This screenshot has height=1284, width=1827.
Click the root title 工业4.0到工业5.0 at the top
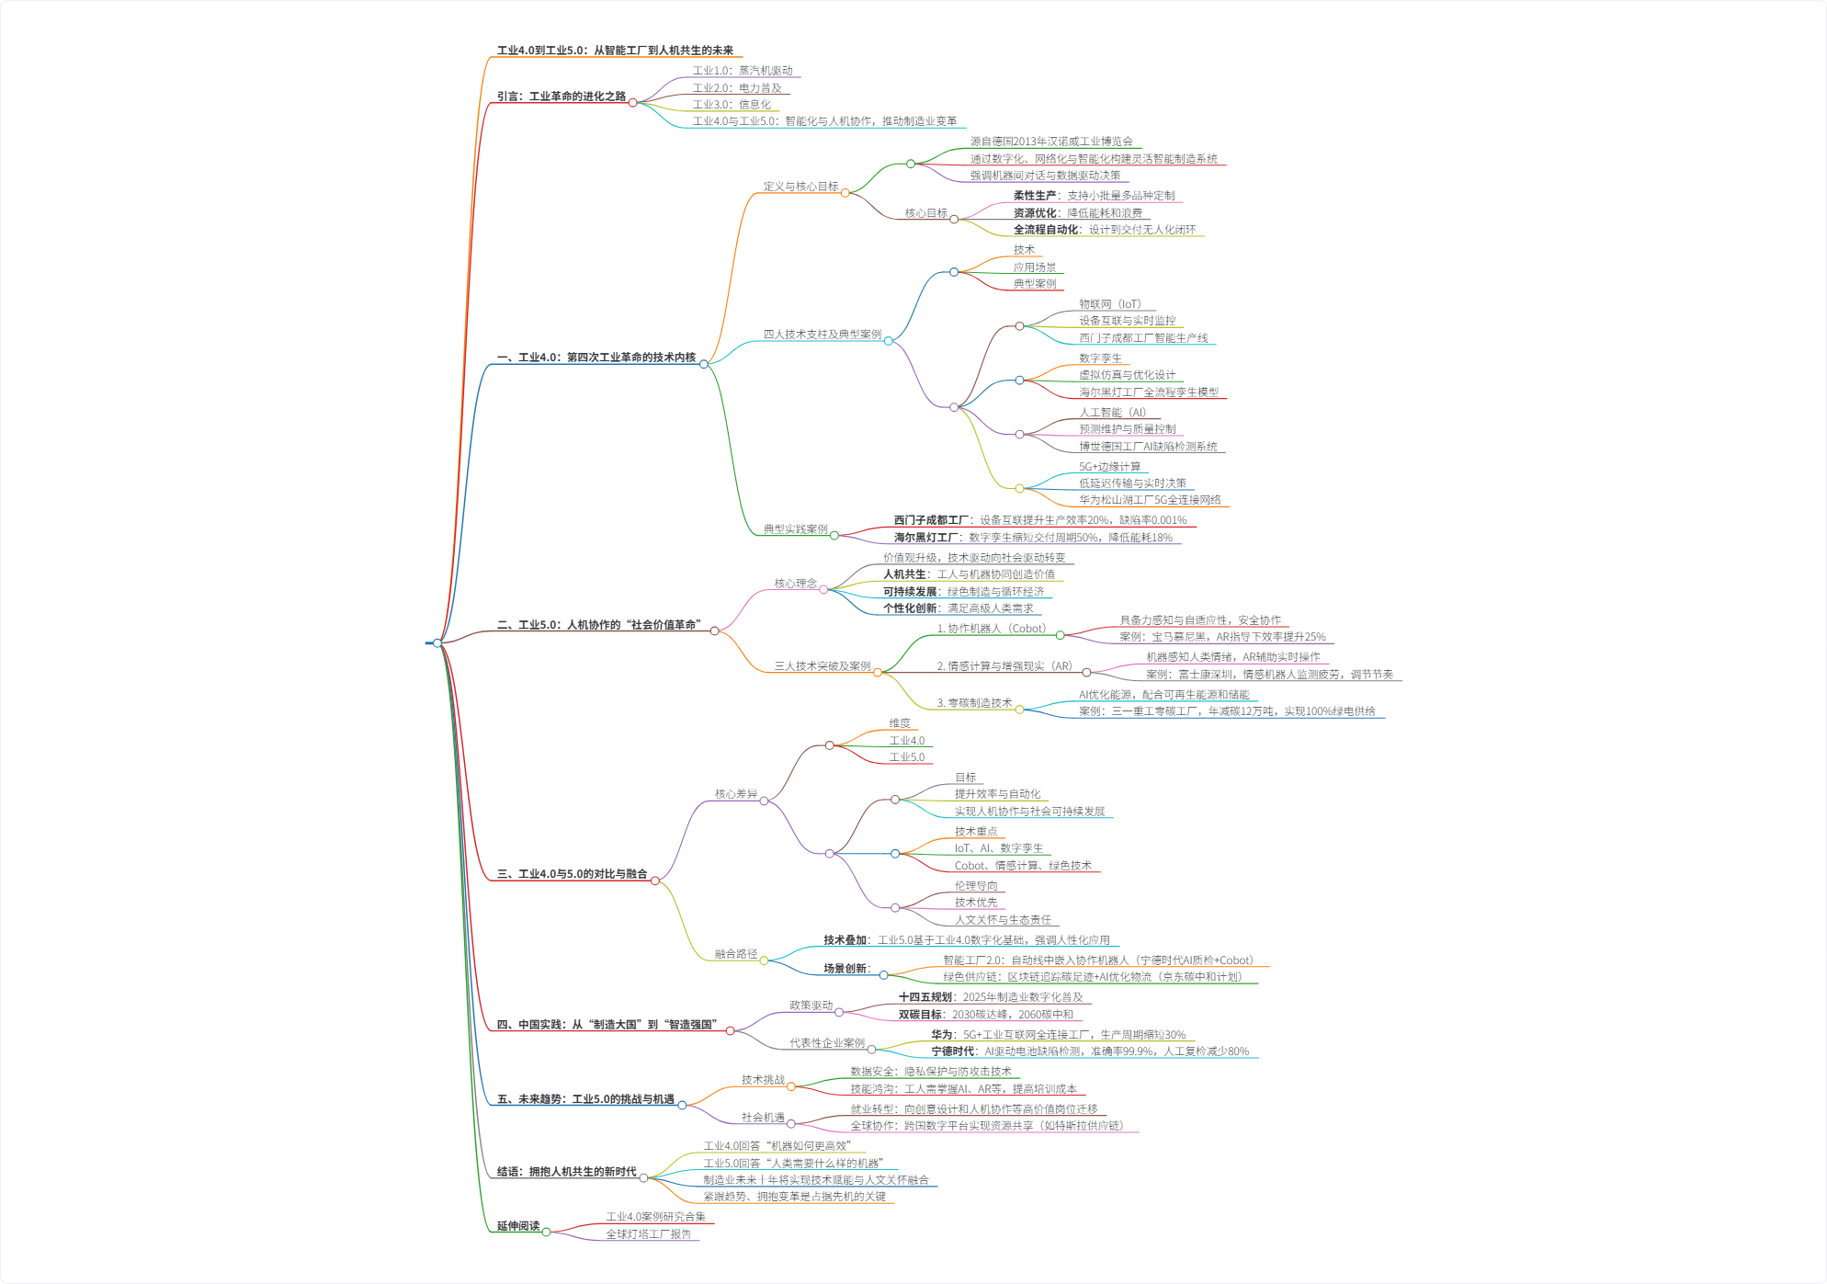point(615,51)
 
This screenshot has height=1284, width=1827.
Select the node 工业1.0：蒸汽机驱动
point(743,71)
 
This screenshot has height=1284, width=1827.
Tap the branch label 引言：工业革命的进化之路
point(561,97)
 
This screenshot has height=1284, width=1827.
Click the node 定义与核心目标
point(800,187)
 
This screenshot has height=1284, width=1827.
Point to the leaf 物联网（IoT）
point(1110,304)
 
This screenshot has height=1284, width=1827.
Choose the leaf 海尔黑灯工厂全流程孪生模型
point(1149,392)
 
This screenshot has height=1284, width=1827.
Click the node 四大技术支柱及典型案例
point(823,335)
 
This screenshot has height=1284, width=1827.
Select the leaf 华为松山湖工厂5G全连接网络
point(1150,500)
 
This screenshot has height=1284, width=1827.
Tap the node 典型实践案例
point(796,529)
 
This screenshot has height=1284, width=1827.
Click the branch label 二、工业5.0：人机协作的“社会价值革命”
point(598,625)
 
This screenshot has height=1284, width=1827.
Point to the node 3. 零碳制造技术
point(974,703)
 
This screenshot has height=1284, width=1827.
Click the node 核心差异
point(736,794)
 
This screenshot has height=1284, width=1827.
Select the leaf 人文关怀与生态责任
point(1003,920)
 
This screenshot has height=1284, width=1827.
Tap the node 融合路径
point(736,954)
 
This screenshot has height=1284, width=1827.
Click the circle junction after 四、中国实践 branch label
point(731,1031)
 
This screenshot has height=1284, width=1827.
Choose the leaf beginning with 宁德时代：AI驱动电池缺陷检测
point(1090,1051)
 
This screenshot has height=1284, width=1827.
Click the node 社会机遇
point(763,1118)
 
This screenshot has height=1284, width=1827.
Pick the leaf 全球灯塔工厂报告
point(648,1234)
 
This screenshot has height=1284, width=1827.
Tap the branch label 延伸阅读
point(518,1226)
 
